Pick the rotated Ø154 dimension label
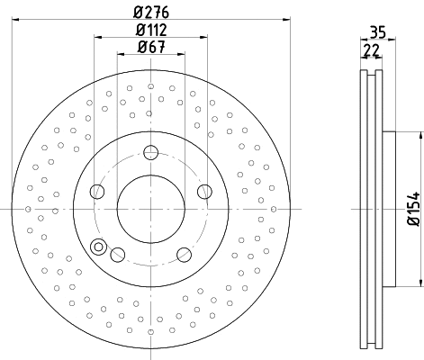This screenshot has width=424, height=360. point(413,209)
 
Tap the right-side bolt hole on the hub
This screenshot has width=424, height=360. point(204,191)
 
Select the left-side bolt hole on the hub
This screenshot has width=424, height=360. point(97,191)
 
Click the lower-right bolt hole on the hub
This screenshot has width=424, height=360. point(184,254)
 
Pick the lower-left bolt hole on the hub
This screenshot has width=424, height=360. point(117,254)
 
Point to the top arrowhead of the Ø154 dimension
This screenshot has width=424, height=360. point(419,136)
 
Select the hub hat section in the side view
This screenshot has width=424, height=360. point(389,209)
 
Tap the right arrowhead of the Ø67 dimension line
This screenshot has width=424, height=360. point(182,56)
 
